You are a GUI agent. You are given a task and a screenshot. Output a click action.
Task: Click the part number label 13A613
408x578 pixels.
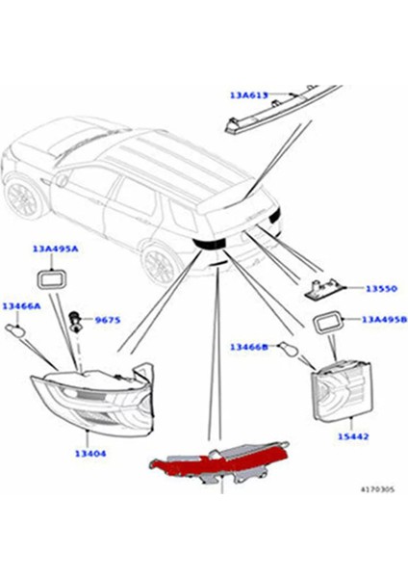249,95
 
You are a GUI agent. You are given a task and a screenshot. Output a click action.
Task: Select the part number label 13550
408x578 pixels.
380,288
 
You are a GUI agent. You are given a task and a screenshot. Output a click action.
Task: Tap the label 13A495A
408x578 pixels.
55,249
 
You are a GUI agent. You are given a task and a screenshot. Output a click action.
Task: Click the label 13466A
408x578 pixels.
20,305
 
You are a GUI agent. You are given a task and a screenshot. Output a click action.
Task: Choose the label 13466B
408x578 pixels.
249,345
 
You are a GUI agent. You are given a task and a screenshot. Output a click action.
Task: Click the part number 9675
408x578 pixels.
106,319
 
